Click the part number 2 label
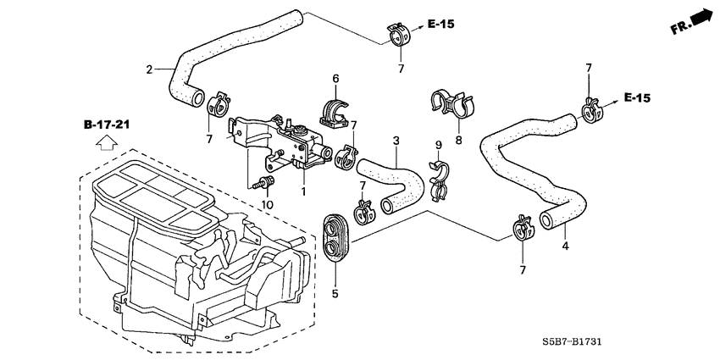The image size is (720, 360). tap(150, 69)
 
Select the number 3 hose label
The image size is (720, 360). tap(395, 140)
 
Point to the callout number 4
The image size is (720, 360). tap(565, 246)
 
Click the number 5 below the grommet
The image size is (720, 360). tap(335, 294)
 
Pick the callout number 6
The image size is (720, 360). tap(335, 79)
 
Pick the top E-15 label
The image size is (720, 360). tap(440, 25)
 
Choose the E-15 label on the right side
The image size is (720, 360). tap(637, 98)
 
